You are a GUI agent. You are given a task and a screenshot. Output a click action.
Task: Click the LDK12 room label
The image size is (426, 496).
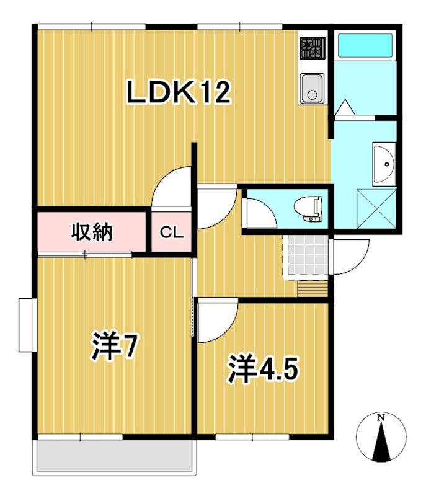(x=179, y=92)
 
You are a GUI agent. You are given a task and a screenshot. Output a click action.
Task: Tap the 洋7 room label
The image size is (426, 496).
(x=113, y=348)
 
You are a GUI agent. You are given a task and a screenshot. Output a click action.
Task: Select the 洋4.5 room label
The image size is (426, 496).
(x=263, y=370)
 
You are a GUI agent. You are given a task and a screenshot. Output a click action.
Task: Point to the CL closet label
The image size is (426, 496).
(x=171, y=233)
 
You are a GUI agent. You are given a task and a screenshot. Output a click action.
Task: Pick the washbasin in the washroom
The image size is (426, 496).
(x=384, y=164)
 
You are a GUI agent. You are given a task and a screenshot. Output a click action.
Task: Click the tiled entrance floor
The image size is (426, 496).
(x=305, y=257)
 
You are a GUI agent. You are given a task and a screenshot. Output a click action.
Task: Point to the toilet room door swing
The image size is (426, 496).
(x=257, y=213)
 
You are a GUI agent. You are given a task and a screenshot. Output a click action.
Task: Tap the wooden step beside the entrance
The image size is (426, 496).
(x=312, y=289)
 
